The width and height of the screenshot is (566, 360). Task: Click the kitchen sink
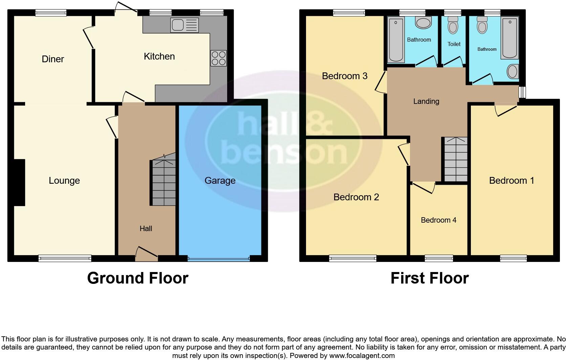(184, 25)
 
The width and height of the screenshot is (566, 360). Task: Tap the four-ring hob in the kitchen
(218, 58)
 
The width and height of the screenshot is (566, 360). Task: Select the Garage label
(220, 180)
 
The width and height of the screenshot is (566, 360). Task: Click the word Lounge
(64, 181)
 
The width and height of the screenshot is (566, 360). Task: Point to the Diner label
(53, 59)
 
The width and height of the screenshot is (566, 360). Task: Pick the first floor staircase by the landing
(456, 159)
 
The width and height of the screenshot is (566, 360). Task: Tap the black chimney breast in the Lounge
(19, 182)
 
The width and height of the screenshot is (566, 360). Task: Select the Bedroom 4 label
(438, 220)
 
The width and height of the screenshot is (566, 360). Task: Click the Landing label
(426, 101)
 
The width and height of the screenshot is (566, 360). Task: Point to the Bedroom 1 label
(511, 181)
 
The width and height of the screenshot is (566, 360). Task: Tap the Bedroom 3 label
(345, 76)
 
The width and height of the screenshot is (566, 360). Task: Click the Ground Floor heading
(137, 278)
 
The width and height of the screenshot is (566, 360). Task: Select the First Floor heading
(430, 278)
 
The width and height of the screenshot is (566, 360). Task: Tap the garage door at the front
(219, 259)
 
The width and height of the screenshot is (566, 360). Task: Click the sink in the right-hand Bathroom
(513, 71)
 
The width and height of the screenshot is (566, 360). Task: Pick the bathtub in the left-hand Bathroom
(396, 40)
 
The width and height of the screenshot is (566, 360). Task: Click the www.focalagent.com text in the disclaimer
(362, 356)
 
